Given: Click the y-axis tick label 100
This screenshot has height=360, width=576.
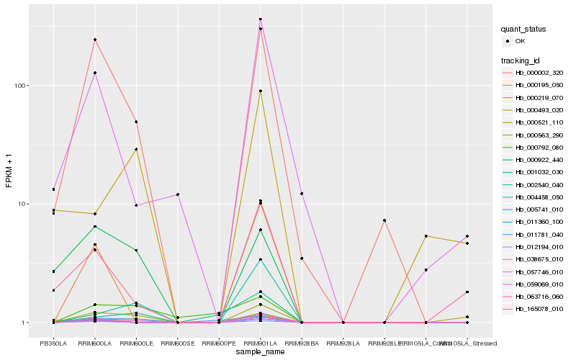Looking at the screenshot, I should coord(20,85).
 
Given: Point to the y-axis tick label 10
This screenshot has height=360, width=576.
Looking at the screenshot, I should coord(22,204).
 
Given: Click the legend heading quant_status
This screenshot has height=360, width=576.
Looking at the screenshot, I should coord(525,30).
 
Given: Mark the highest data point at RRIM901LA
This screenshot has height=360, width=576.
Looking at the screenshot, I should coord(260,19).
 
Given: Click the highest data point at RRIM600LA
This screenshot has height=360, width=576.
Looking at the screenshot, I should coord(94,40).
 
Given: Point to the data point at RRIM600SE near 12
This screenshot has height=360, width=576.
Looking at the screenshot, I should coord(177,194).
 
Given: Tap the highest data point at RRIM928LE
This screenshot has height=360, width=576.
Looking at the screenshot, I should coord(384,220).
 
